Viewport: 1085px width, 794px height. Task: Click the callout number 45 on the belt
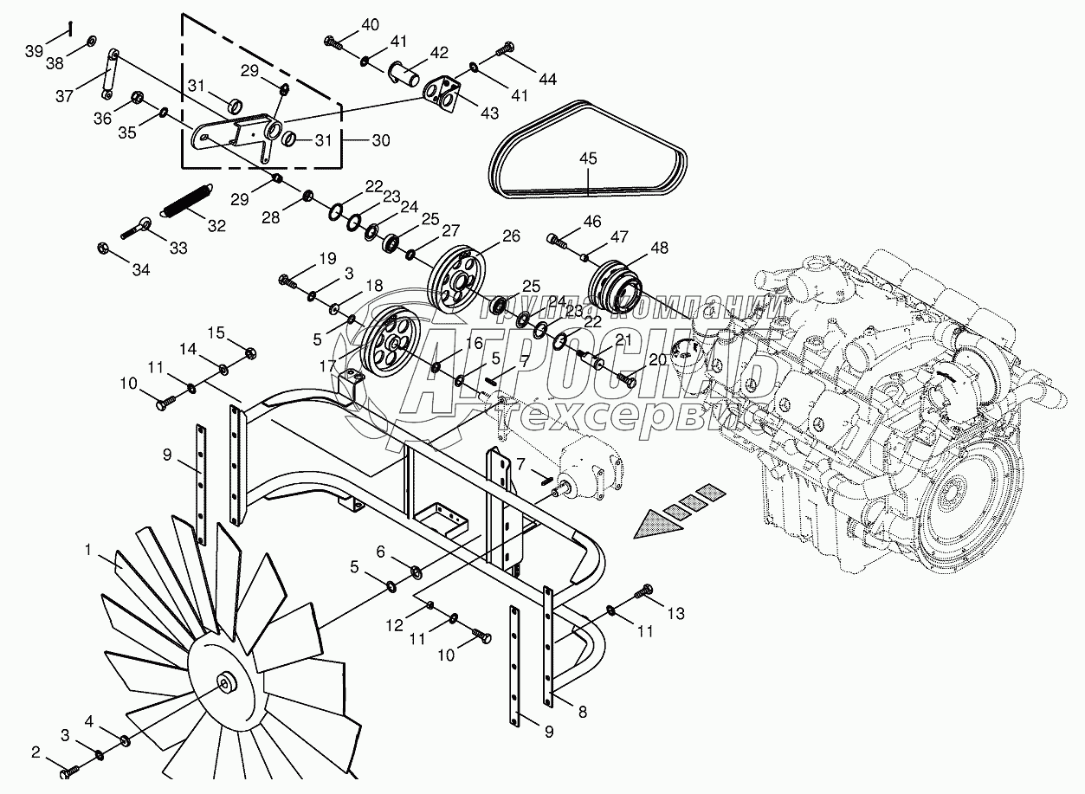point(588,158)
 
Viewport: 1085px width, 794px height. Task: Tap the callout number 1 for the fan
point(88,548)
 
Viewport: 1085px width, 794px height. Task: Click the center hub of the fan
point(227,682)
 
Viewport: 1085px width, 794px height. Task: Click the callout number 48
point(660,247)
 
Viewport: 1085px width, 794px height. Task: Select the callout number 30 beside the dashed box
point(380,139)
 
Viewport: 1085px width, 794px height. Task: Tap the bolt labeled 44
point(506,53)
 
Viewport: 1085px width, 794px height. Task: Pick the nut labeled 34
point(103,249)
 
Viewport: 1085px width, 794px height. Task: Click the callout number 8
point(582,713)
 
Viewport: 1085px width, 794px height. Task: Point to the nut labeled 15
point(250,353)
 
